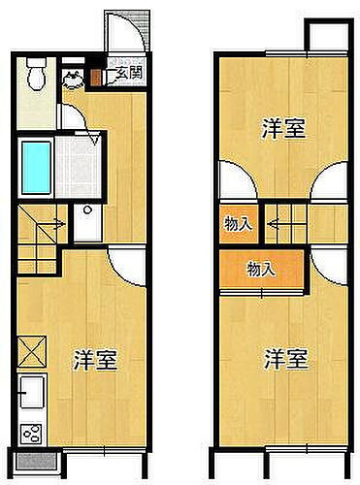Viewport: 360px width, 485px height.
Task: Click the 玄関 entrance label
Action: click(x=123, y=72)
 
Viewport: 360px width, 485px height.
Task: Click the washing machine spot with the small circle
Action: click(x=85, y=224)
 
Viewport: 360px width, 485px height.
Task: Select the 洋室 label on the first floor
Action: click(x=95, y=361)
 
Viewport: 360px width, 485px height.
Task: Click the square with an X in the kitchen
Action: click(x=31, y=347)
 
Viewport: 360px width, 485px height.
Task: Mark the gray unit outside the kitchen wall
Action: click(x=37, y=461)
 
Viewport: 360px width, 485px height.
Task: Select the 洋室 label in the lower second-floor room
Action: click(x=286, y=359)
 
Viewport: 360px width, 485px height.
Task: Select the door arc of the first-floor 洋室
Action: click(x=127, y=262)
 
